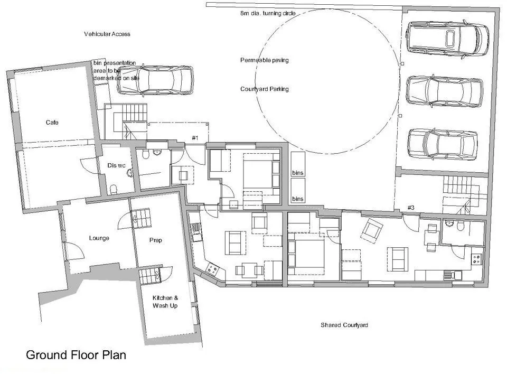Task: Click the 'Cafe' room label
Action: click(x=52, y=123)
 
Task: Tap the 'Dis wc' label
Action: click(x=116, y=165)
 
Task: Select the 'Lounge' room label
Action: click(x=99, y=238)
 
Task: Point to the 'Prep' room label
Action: click(x=155, y=240)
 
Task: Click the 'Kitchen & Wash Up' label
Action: click(x=165, y=302)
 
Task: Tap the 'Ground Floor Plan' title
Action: click(x=76, y=355)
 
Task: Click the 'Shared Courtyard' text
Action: click(x=344, y=325)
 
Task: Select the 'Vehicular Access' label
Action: click(x=107, y=34)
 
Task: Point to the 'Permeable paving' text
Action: click(x=265, y=60)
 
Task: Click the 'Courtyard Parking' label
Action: click(x=265, y=89)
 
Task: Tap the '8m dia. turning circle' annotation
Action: click(x=268, y=13)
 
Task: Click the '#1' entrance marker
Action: click(x=195, y=138)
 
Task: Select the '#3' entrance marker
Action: click(x=411, y=208)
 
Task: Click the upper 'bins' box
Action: click(x=298, y=164)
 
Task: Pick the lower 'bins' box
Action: click(x=298, y=191)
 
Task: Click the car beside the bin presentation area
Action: click(x=155, y=80)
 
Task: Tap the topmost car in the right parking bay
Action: click(x=447, y=39)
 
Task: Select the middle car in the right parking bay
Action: click(x=444, y=91)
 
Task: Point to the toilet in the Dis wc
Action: click(x=113, y=189)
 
